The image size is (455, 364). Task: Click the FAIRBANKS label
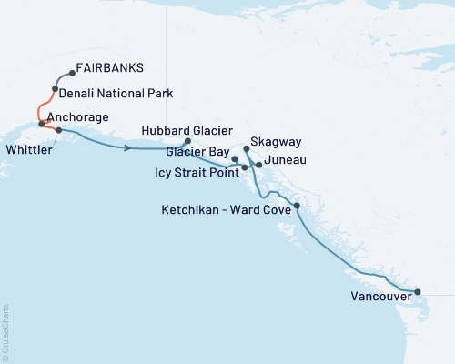tap(110, 68)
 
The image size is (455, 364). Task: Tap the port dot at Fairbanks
tap(71, 75)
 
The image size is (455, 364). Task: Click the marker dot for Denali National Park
tap(56, 89)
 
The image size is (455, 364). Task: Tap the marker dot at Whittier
tap(59, 130)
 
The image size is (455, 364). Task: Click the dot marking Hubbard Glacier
tap(187, 141)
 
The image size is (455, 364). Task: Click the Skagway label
tap(278, 143)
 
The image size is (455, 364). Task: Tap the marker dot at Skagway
tap(247, 147)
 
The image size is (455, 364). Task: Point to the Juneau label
tap(284, 160)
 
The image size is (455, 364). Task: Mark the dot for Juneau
tap(259, 165)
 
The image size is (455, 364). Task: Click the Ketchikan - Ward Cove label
tap(223, 208)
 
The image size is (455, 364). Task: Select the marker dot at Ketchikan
tap(297, 207)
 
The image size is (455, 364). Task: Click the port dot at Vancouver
tap(418, 292)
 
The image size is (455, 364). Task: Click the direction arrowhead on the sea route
tap(128, 147)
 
